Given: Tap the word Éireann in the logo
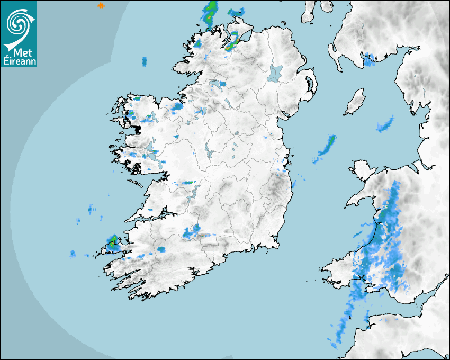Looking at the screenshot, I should point(19,61).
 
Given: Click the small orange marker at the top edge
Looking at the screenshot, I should point(101,5).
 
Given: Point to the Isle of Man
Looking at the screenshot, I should point(355,102).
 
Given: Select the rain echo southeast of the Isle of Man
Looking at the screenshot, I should point(385,124).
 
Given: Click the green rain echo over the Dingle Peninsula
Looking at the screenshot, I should point(112,242).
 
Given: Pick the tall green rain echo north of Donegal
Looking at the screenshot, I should point(210,13).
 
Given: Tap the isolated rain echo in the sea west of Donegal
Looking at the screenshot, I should point(144,62).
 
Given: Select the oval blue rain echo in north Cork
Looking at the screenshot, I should point(161,249).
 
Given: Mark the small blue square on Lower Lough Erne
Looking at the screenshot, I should point(223,84).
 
